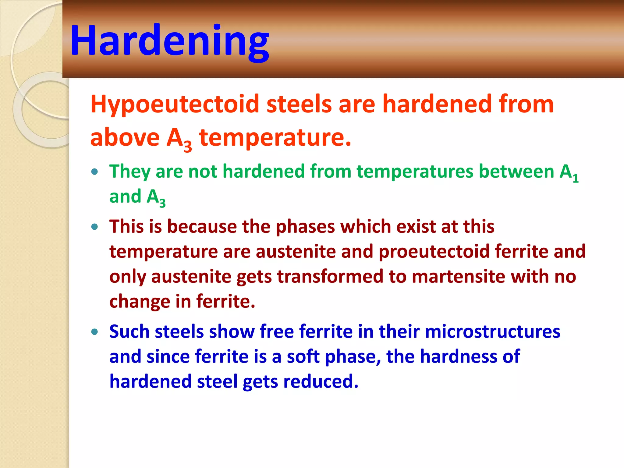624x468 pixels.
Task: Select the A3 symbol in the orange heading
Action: click(x=179, y=139)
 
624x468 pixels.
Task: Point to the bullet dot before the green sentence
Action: click(x=95, y=172)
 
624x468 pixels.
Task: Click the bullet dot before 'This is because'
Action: click(x=95, y=227)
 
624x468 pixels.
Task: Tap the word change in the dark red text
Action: click(x=139, y=302)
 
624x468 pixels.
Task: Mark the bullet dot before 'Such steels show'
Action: click(x=95, y=332)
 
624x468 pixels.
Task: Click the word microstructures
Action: click(x=492, y=332)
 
